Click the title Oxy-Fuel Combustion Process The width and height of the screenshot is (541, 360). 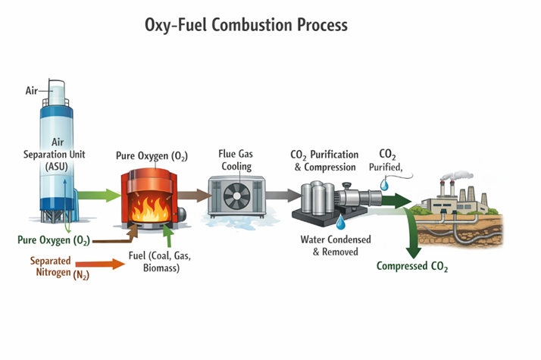coord(246,26)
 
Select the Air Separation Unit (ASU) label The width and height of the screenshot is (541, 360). coord(57,154)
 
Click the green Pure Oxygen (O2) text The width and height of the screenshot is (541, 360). coord(54,241)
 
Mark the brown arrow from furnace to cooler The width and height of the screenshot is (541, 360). coord(194,195)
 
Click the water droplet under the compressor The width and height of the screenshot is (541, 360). coord(339,223)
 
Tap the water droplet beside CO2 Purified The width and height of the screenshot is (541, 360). coord(385,183)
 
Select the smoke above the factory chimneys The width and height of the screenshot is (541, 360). coord(452,175)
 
